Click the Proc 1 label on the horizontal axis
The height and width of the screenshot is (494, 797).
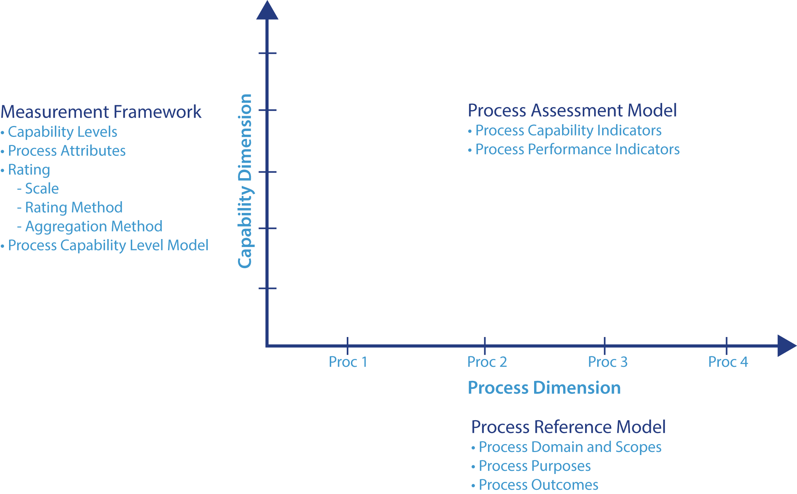(x=348, y=362)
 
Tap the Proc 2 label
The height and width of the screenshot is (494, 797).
(x=487, y=362)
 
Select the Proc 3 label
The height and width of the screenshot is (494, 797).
(x=607, y=362)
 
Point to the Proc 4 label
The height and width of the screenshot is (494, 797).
(x=728, y=362)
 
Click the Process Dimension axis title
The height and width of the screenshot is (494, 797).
(x=544, y=388)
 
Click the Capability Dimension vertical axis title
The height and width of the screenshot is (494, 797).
(x=245, y=181)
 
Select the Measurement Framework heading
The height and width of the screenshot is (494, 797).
(x=101, y=112)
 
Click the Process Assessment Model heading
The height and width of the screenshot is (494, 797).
(x=572, y=110)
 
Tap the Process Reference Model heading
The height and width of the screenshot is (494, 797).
(x=568, y=427)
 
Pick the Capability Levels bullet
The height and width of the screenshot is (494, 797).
(x=62, y=132)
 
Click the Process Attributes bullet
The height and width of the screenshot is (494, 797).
(x=66, y=151)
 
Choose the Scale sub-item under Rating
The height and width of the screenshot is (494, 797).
(x=42, y=189)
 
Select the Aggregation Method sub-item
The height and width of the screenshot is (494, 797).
(x=93, y=227)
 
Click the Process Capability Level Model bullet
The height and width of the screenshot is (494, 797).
(x=108, y=245)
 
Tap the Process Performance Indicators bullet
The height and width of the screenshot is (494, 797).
(x=577, y=149)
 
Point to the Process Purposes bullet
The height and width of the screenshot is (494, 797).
(x=534, y=466)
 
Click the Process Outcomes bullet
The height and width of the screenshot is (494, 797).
(x=538, y=485)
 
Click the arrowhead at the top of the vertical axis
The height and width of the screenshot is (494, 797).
(x=267, y=11)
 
